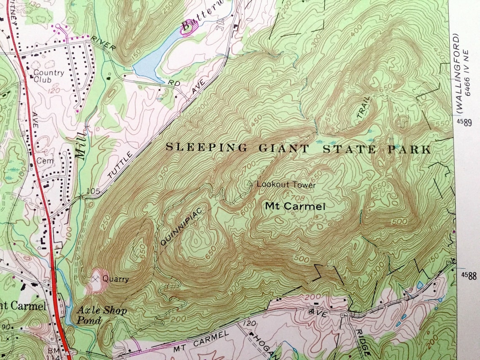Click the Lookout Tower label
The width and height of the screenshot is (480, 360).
click(286, 184)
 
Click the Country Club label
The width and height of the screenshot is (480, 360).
click(48, 76)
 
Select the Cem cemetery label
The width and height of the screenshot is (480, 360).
click(43, 160)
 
